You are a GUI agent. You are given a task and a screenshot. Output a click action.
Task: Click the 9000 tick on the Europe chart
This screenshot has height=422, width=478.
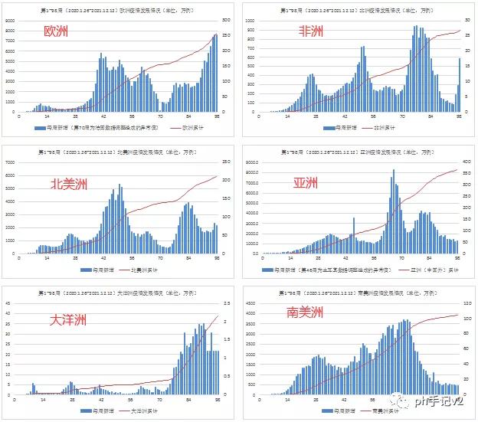9,21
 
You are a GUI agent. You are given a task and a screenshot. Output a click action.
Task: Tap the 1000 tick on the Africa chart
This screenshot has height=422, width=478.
249,21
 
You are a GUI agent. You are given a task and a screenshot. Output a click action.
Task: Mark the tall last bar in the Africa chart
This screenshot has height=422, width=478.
460,84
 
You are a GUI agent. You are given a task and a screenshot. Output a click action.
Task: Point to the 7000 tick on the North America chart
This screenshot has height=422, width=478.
9,162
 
